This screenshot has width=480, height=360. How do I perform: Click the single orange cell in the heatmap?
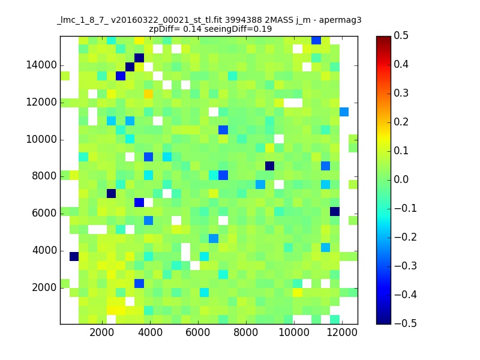148,94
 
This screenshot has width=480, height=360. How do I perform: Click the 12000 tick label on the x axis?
341,333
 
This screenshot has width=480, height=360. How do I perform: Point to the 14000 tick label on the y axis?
41,65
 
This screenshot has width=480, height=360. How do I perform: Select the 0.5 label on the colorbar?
401,36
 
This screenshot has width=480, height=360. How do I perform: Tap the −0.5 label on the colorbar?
406,323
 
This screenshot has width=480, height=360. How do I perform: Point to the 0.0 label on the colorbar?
401,179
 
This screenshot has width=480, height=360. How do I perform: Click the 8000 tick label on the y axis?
44,176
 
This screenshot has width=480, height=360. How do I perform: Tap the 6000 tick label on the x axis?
198,333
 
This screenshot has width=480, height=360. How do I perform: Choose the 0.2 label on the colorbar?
401,122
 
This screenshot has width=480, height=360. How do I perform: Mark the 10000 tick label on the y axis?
41,140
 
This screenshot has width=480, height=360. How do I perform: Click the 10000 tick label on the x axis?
294,333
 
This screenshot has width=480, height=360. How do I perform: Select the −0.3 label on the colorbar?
406,266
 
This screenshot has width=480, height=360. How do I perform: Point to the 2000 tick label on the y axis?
44,288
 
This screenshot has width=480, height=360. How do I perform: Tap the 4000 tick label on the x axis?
150,333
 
